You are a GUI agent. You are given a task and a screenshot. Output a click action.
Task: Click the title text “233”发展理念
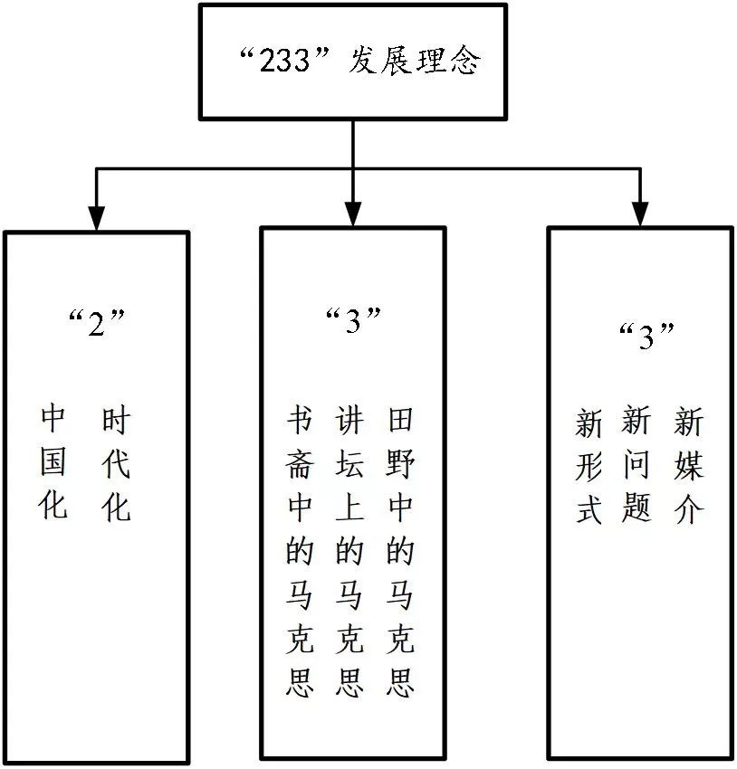click(x=354, y=61)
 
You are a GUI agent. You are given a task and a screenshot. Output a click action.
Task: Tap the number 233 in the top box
click(x=288, y=62)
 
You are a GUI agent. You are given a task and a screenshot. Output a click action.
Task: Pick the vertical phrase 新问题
click(x=637, y=464)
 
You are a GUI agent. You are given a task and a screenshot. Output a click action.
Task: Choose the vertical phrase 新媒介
click(x=688, y=465)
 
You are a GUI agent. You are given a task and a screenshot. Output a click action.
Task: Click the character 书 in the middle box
click(x=300, y=421)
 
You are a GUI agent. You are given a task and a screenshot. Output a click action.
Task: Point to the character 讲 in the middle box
click(x=349, y=421)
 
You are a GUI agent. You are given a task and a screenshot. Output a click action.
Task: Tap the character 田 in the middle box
click(x=400, y=421)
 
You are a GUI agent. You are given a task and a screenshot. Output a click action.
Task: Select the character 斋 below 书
click(x=300, y=465)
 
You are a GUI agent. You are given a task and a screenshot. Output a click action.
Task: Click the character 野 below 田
click(x=400, y=465)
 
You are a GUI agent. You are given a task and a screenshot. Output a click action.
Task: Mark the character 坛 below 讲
click(x=349, y=465)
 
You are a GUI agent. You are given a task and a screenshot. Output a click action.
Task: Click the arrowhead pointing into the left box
click(x=96, y=218)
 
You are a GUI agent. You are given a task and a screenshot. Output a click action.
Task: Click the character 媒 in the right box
click(x=688, y=466)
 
